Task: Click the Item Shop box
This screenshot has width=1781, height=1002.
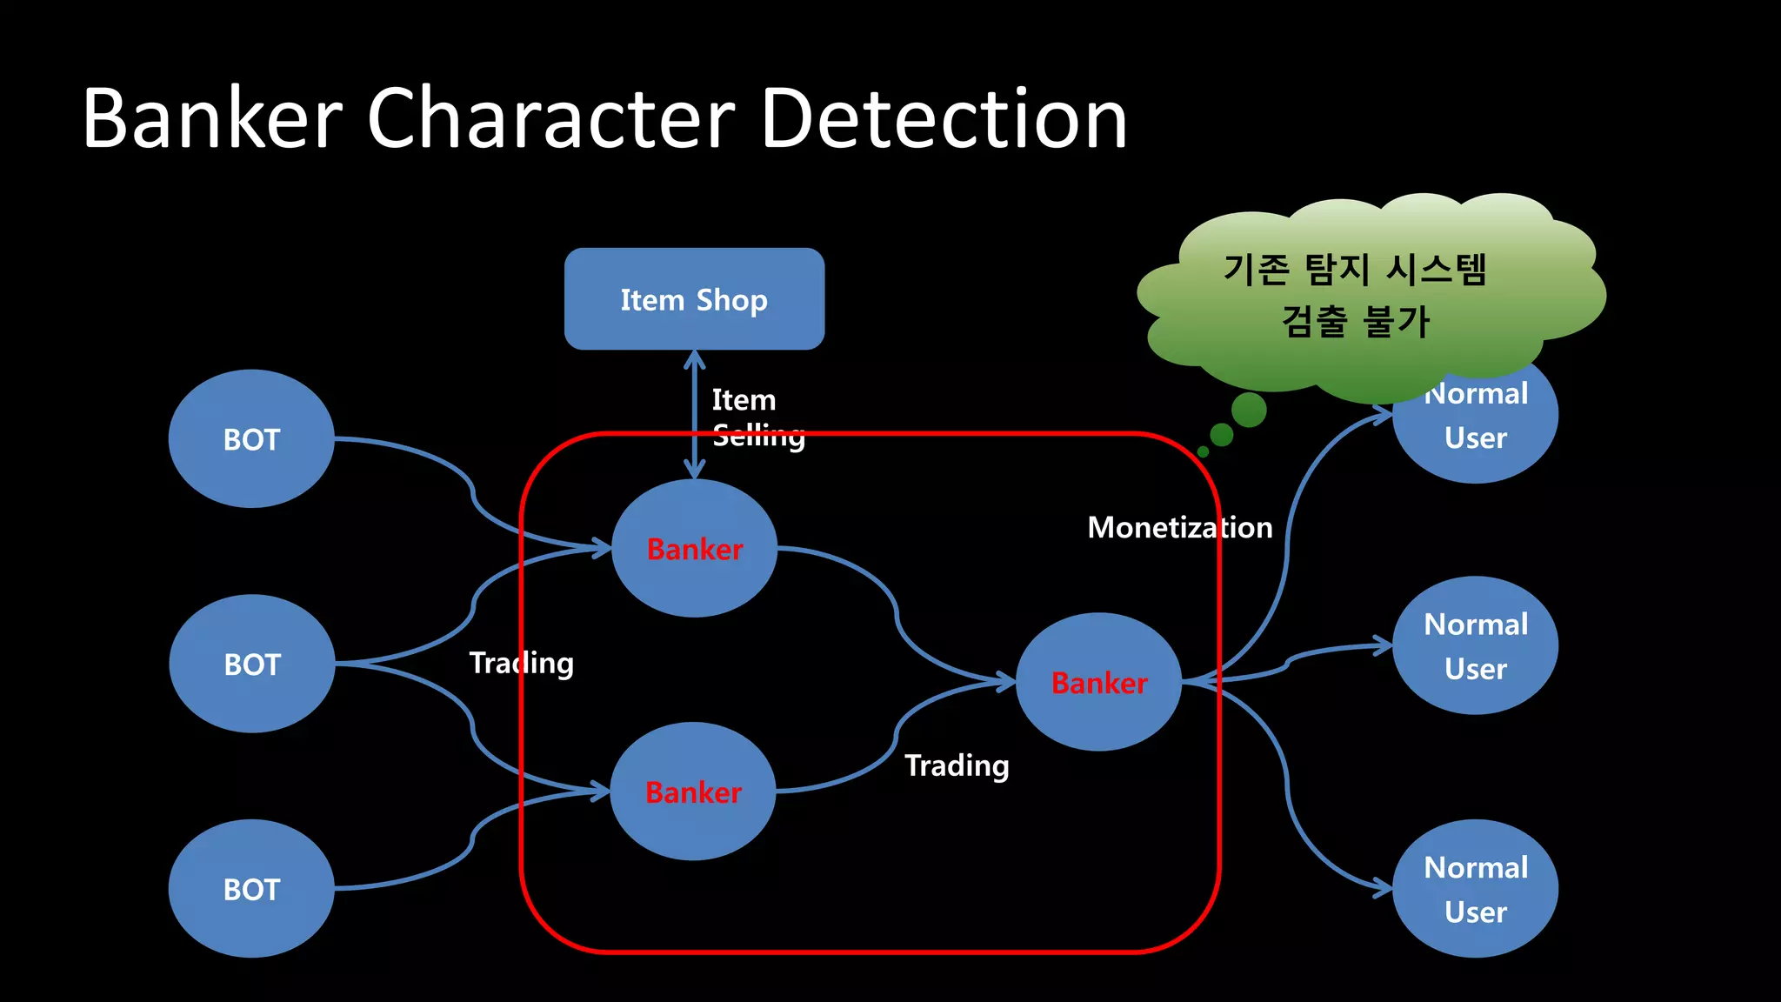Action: point(694,299)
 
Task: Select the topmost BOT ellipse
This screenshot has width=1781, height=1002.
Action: point(251,439)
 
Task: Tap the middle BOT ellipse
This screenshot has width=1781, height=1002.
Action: point(251,664)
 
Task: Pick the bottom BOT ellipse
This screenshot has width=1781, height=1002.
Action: point(251,889)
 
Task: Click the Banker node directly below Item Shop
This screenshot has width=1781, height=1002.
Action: point(694,549)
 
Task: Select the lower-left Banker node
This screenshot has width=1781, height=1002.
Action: point(692,792)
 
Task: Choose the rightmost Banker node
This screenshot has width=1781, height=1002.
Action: point(1098,683)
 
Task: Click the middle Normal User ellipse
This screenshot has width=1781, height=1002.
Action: point(1475,645)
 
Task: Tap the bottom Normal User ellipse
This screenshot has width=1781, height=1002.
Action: point(1475,889)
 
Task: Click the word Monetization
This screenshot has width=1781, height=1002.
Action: point(1179,527)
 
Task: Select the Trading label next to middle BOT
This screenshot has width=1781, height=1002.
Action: point(521,663)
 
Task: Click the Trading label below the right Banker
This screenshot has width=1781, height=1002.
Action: point(957,765)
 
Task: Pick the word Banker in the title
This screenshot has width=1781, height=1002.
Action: point(213,119)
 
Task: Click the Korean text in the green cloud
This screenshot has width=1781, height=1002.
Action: point(1355,295)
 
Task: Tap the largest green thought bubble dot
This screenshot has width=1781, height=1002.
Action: point(1249,410)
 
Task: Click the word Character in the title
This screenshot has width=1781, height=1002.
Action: point(551,119)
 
